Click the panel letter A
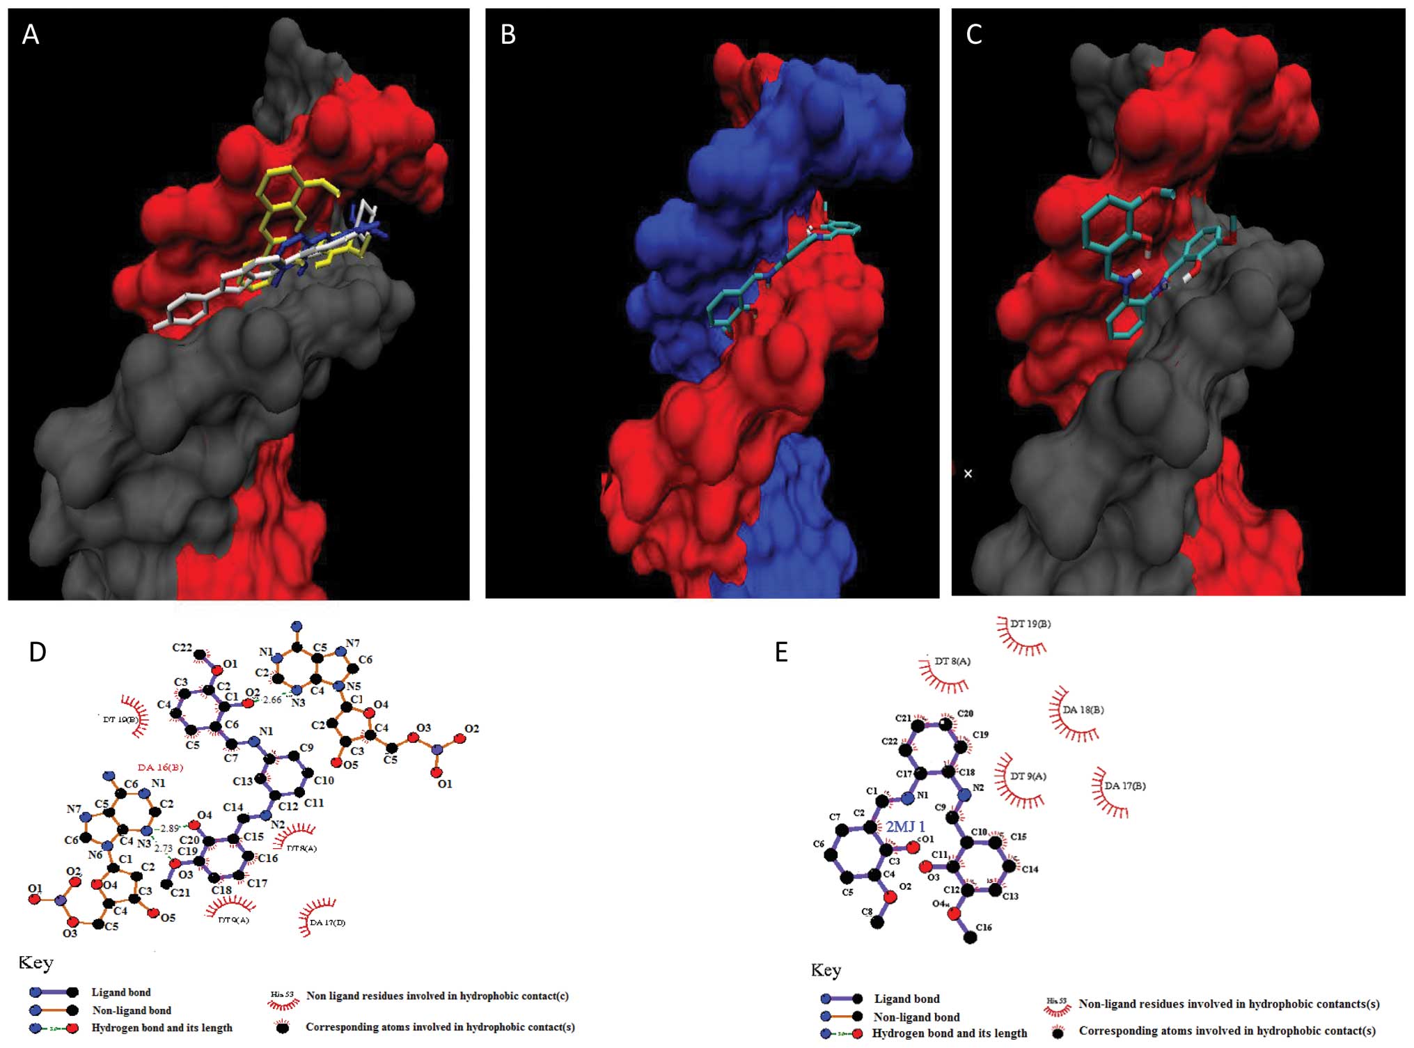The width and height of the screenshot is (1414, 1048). click(30, 34)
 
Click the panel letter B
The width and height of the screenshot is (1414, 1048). click(508, 34)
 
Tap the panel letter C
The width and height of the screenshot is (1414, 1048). click(974, 34)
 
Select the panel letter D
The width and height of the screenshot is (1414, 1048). click(38, 652)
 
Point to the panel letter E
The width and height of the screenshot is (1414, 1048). click(781, 652)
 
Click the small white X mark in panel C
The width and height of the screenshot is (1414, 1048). click(968, 474)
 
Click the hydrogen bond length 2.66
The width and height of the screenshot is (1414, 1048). click(272, 700)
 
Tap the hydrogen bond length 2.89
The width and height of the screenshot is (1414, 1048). click(170, 829)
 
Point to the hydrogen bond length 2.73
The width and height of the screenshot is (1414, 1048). click(164, 848)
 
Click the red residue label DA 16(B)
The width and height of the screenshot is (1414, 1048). click(160, 767)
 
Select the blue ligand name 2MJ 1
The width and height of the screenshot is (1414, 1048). click(905, 827)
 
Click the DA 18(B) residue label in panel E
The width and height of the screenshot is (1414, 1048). click(1083, 710)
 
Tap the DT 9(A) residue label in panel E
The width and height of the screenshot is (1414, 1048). click(1028, 776)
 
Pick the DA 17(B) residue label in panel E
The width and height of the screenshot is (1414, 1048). click(1124, 785)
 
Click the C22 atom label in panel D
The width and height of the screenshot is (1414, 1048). click(182, 647)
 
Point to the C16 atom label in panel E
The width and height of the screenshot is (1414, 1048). click(984, 928)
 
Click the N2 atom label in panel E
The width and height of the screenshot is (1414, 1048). click(978, 788)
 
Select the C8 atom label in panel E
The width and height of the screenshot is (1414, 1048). click(867, 912)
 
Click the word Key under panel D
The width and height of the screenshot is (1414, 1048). click(36, 962)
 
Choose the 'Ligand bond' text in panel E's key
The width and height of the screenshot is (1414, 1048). click(906, 999)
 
